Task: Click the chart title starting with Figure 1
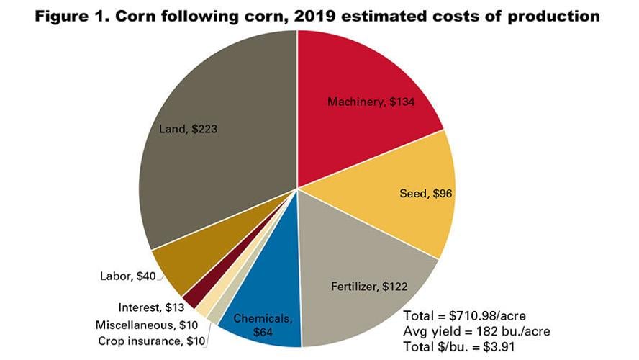click(319, 15)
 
